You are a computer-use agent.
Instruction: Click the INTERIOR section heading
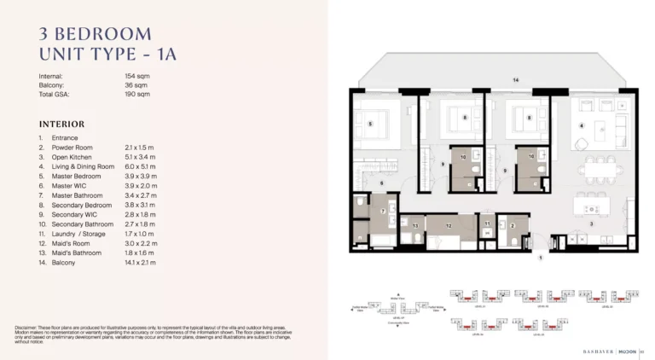click(61, 124)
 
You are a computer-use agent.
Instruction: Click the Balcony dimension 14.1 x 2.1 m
click(141, 263)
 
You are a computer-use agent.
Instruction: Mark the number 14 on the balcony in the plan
click(515, 79)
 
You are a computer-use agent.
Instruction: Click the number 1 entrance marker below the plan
click(539, 265)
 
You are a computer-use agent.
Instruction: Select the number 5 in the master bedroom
click(370, 124)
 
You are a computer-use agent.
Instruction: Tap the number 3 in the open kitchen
click(591, 224)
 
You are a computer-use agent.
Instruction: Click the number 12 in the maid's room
click(449, 226)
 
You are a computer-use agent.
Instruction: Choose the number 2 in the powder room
click(513, 226)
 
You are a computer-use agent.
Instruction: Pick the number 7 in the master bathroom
click(383, 211)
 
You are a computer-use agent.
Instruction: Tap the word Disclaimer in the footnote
click(28, 328)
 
